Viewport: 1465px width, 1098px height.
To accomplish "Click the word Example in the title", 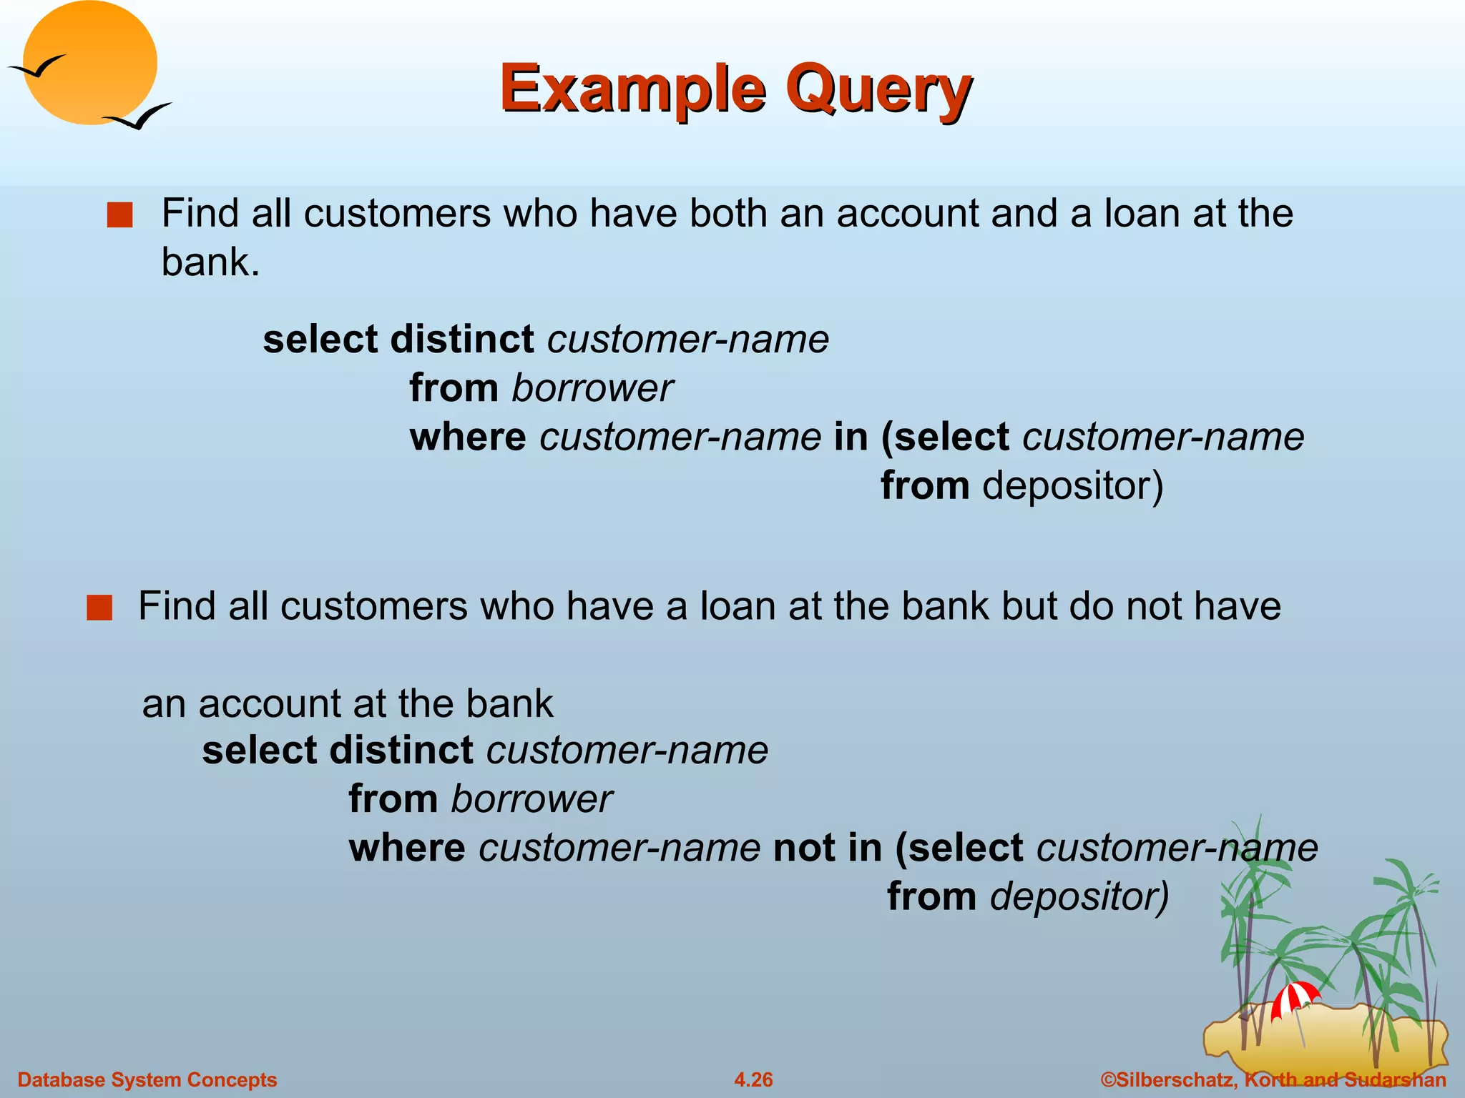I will tap(633, 89).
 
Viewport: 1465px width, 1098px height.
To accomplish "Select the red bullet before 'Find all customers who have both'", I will tap(119, 215).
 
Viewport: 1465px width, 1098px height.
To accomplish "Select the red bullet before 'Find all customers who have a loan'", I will tap(99, 608).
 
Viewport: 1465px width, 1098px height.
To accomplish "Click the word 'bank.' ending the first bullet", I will tap(210, 262).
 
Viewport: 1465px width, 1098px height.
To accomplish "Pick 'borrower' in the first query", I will tap(592, 388).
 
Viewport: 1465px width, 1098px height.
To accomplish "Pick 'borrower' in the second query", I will tap(531, 799).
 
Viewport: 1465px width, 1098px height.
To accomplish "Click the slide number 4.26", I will tap(753, 1079).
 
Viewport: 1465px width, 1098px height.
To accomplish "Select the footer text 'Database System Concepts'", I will tap(147, 1079).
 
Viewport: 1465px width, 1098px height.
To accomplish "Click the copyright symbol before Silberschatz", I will tap(1108, 1079).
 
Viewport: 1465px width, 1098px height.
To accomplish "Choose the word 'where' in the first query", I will tap(468, 437).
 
